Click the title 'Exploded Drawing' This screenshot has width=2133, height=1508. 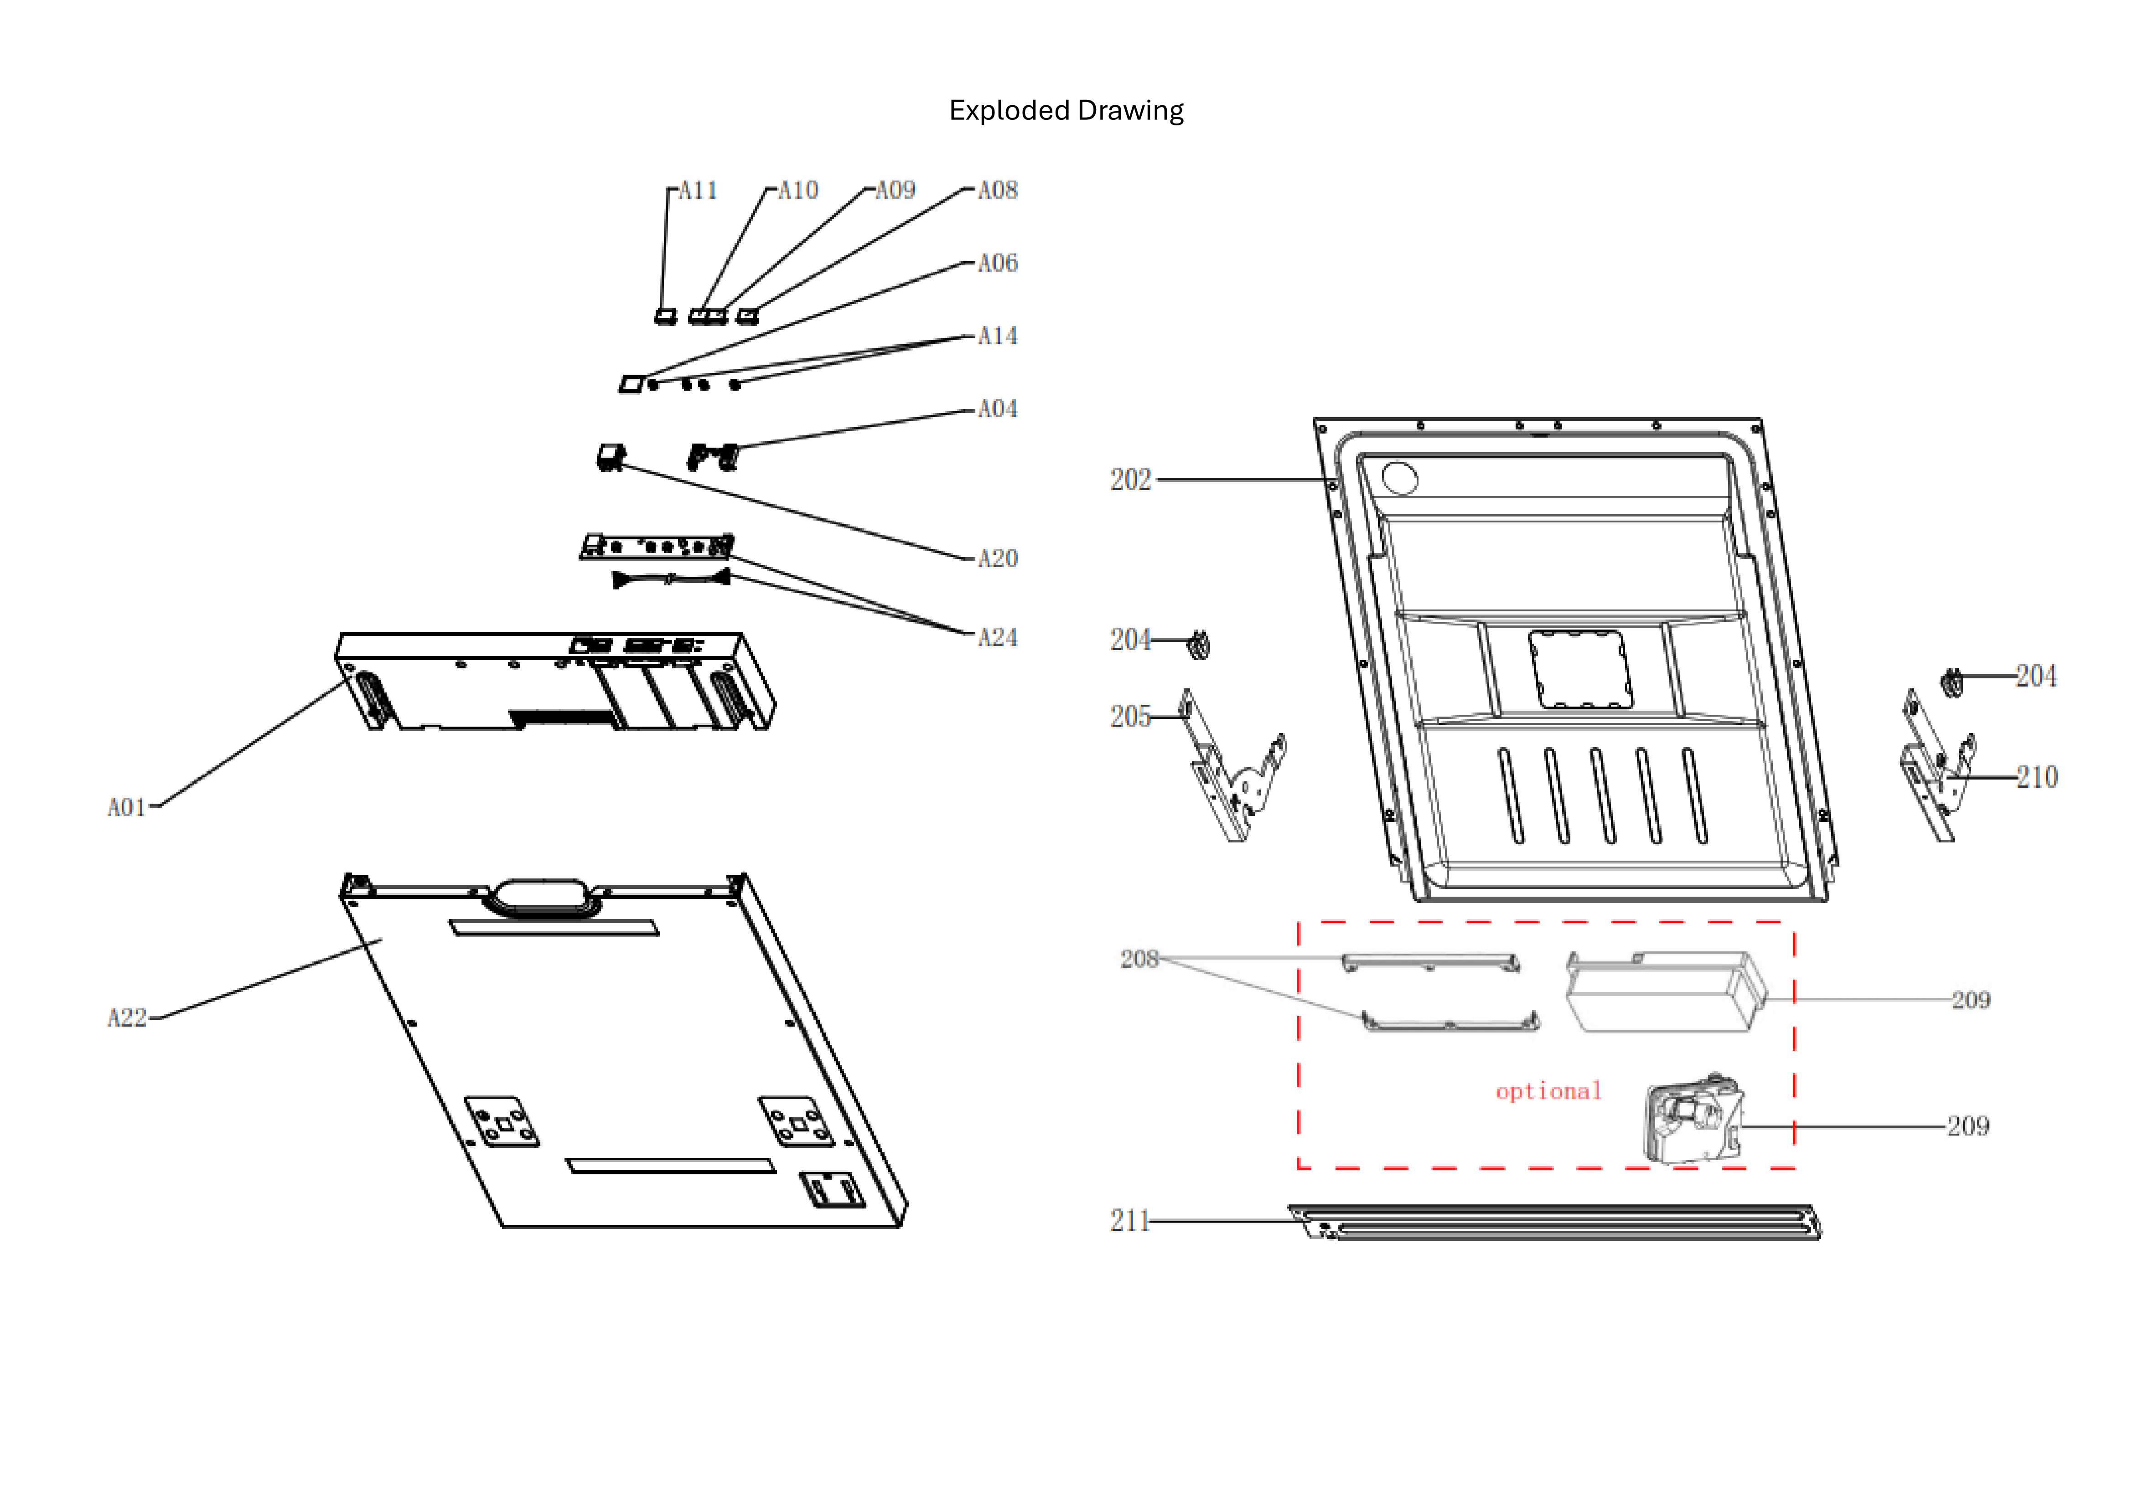click(1066, 110)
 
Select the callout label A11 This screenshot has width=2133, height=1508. click(698, 191)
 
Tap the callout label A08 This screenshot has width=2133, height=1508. click(998, 191)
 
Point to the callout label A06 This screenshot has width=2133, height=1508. click(998, 263)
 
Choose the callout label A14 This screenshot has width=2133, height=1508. click(998, 336)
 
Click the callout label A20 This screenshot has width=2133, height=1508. click(998, 558)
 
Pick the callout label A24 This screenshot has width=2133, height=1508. click(998, 638)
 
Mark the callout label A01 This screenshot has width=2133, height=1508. click(127, 808)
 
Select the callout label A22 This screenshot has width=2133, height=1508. click(127, 1019)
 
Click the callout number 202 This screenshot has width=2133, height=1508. click(1131, 480)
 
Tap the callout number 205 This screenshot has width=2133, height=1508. click(1131, 717)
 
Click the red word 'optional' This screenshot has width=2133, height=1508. click(1548, 1091)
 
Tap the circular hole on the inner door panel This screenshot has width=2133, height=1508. click(1400, 478)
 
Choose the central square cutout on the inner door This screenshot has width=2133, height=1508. click(1579, 669)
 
